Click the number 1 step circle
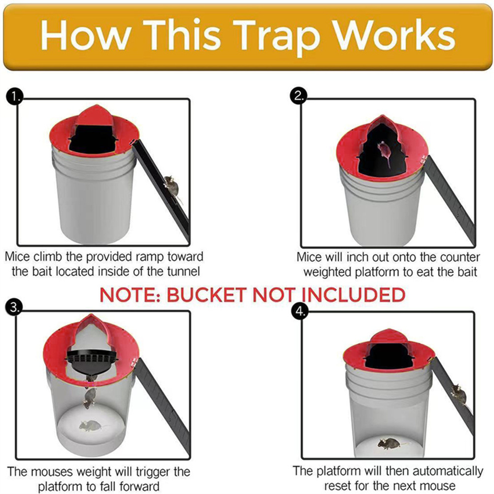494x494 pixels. [14, 97]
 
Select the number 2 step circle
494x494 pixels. [298, 96]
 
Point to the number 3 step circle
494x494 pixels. [14, 308]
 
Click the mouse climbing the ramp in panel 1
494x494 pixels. [172, 188]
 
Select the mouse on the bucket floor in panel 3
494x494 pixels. [90, 425]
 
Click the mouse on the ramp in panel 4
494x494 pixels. [459, 394]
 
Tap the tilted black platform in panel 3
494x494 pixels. [91, 362]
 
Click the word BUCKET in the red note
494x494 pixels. [206, 295]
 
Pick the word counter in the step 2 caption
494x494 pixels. [459, 257]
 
